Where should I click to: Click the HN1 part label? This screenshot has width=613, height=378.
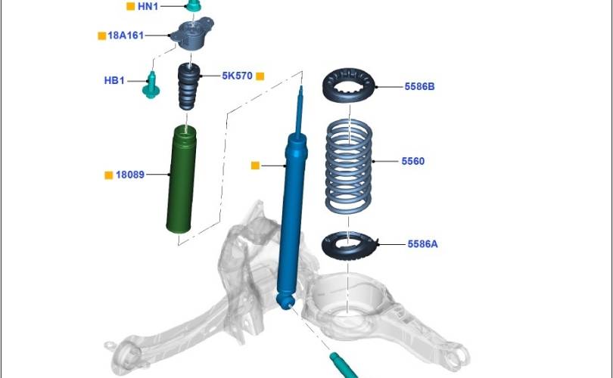coord(148,6)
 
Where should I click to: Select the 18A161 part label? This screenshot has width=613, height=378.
coord(126,36)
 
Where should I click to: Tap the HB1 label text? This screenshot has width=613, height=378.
coord(114,80)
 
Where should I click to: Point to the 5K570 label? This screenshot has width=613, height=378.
coord(238,76)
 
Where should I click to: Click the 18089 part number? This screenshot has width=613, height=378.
coord(130,175)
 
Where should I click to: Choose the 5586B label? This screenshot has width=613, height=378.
coord(419,87)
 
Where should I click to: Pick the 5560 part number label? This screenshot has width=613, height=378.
coord(413,161)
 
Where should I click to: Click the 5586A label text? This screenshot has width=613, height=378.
coord(422,244)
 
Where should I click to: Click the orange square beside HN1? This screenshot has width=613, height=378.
coord(131,6)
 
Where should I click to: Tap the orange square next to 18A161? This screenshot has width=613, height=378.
coord(101,36)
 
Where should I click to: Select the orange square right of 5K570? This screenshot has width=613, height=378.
coord(260,76)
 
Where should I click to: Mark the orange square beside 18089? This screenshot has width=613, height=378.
coord(109,175)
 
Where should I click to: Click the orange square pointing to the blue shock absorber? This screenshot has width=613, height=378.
coord(255,166)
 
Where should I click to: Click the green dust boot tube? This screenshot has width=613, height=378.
coord(181,180)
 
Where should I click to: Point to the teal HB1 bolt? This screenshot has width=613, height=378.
coord(151,85)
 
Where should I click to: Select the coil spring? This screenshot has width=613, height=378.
coord(348,167)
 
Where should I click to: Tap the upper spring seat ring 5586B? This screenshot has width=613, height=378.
coord(349,85)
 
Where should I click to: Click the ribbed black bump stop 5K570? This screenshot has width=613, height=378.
coord(189,86)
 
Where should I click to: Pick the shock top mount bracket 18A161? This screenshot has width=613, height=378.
coord(193,34)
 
